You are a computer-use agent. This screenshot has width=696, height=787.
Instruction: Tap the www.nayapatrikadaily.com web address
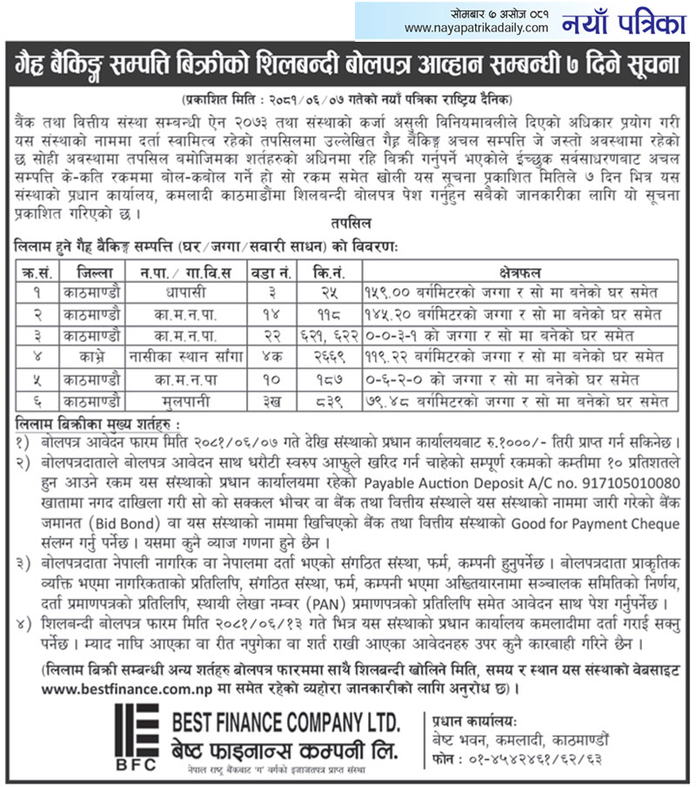point(477,28)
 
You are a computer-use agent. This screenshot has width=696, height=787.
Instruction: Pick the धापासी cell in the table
point(185,291)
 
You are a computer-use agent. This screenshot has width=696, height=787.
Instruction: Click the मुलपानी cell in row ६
point(185,400)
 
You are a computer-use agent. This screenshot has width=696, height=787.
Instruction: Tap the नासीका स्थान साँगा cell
point(185,356)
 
